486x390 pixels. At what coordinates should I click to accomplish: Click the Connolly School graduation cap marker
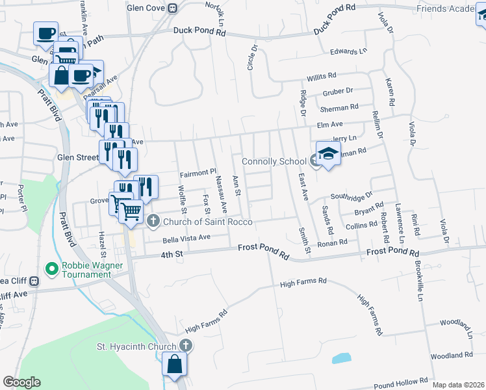pos(328,155)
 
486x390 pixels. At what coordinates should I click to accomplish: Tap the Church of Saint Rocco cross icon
pos(153,222)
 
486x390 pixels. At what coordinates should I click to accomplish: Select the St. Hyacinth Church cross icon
pos(186,345)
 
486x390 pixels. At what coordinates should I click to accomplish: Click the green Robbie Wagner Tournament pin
pos(51,268)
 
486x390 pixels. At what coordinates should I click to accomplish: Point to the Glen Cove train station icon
pos(172,8)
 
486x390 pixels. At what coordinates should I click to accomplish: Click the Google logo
pos(21,382)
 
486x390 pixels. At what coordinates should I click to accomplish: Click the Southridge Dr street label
pos(352,194)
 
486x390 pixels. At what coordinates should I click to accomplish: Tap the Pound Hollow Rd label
pos(401,382)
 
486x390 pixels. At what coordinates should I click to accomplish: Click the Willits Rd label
pos(322,76)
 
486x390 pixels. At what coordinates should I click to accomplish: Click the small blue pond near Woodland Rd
pos(341,357)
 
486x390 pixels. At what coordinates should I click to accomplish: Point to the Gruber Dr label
pos(336,92)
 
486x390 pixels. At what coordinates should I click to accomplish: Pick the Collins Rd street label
pos(361,225)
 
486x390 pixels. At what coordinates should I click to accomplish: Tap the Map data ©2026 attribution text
pos(458,385)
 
